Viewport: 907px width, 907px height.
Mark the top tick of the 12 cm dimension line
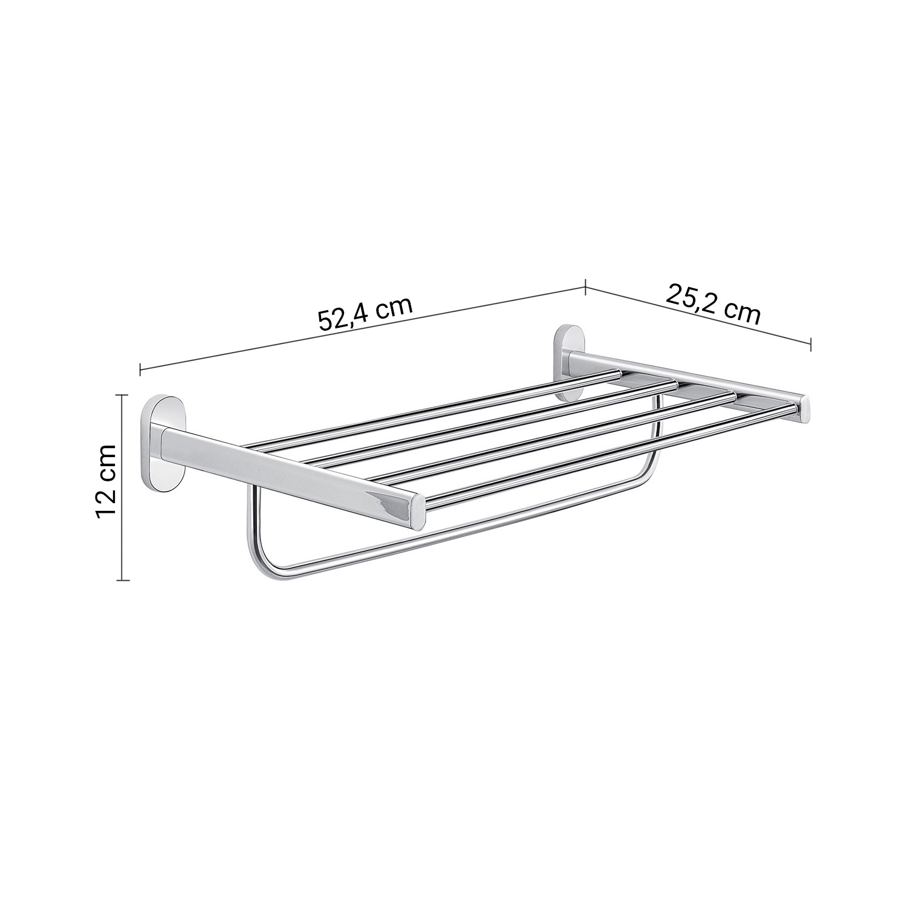click(x=123, y=394)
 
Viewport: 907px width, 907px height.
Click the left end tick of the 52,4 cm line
click(x=140, y=368)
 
